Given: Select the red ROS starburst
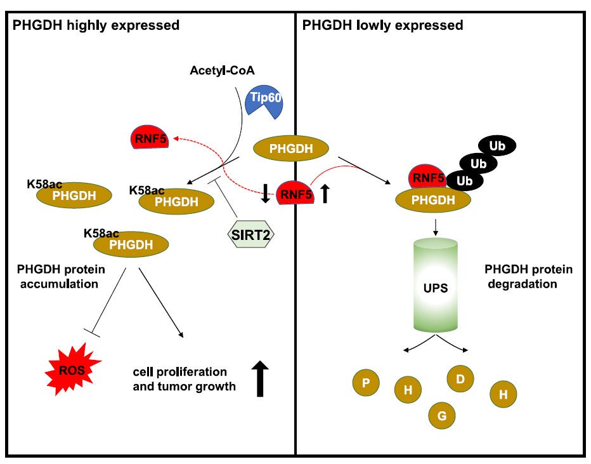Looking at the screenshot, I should coord(69,371).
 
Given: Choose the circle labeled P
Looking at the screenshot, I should coord(366,383).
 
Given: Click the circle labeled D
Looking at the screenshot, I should coord(460,379).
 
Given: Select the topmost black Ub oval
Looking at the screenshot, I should coord(497,145).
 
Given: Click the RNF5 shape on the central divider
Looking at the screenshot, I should coord(295,194).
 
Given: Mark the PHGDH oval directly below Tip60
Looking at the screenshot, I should coord(291,149).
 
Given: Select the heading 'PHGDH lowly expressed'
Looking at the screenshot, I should coord(383,26).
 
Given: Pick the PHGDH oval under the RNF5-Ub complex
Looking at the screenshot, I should coord(434,201).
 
